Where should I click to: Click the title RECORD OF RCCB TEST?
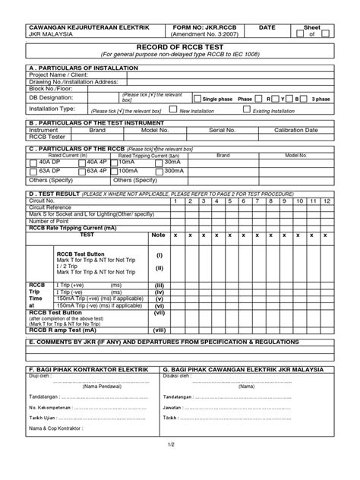click(179, 46)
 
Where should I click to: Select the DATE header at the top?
click(267, 27)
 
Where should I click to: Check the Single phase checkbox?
click(198, 99)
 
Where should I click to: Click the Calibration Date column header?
click(301, 130)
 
